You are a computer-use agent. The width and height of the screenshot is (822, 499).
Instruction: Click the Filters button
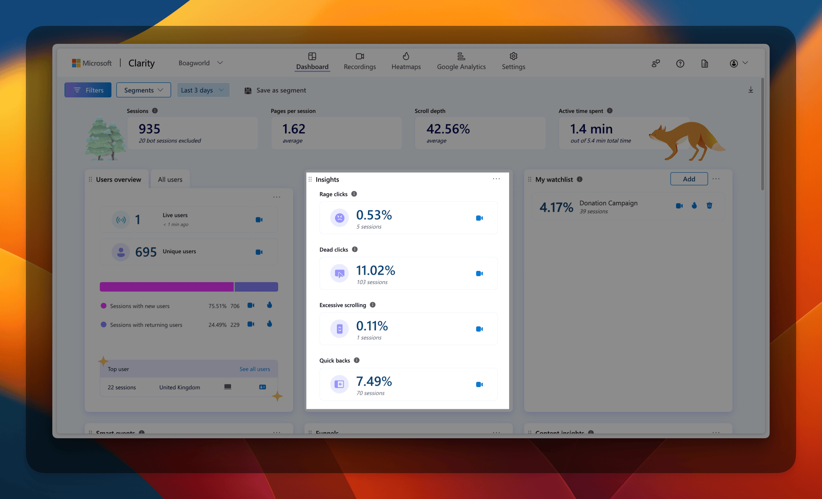click(x=88, y=90)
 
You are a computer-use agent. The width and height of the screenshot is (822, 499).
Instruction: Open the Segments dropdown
click(x=143, y=90)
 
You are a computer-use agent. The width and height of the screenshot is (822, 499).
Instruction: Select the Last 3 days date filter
click(x=203, y=90)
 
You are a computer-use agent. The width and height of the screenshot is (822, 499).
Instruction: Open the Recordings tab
click(x=359, y=61)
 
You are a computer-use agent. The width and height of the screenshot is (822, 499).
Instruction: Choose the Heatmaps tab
click(x=406, y=61)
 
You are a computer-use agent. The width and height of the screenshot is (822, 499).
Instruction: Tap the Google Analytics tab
click(x=461, y=61)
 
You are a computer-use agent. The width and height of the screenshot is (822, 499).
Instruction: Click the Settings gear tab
click(x=513, y=61)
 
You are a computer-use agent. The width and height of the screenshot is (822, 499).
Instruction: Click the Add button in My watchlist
click(x=689, y=179)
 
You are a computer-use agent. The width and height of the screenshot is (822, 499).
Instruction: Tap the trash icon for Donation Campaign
click(x=709, y=206)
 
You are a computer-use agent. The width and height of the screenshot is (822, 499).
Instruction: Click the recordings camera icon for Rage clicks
click(x=479, y=218)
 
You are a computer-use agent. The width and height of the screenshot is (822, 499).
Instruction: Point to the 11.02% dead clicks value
click(x=375, y=270)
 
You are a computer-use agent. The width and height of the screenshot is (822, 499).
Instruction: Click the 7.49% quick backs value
click(x=374, y=381)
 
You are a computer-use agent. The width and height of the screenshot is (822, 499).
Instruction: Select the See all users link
click(x=255, y=369)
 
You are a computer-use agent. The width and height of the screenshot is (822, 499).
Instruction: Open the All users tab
click(x=170, y=180)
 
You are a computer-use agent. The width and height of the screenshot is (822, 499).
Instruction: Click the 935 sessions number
click(x=150, y=129)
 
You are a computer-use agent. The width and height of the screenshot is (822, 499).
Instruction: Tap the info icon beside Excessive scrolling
click(x=373, y=305)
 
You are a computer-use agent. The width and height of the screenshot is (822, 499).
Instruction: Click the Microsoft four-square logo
click(x=76, y=63)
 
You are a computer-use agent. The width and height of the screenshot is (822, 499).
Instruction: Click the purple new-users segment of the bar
click(x=167, y=287)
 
